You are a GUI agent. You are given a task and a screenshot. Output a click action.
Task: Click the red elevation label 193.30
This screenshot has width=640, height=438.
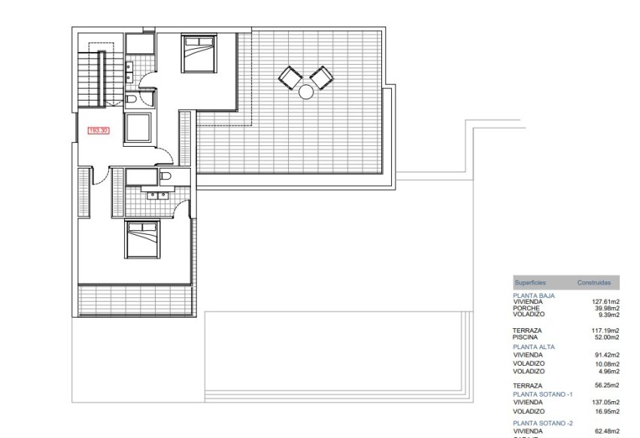[99, 130]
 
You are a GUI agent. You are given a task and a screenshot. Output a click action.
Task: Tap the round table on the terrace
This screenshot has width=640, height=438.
[306, 92]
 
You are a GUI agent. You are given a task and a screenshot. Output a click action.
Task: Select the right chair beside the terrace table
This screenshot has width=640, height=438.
[322, 76]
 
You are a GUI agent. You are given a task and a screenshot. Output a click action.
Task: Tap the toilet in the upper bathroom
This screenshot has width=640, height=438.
[131, 99]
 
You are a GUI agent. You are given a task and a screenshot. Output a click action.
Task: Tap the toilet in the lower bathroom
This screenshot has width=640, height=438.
[167, 176]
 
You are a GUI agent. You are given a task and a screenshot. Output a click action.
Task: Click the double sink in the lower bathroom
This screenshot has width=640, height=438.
[156, 195]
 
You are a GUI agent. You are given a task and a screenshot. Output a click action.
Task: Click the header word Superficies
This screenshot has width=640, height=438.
[530, 283]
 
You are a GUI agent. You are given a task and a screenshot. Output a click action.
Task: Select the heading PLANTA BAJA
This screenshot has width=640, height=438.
[533, 297]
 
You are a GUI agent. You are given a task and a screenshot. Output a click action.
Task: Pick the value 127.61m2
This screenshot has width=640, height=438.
[605, 303]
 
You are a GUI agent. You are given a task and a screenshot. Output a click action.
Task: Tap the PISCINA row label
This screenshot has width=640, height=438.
[526, 337]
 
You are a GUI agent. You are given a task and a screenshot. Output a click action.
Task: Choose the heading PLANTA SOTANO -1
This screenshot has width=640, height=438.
[544, 394]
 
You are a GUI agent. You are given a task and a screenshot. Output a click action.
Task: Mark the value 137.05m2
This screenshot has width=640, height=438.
[605, 402]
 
